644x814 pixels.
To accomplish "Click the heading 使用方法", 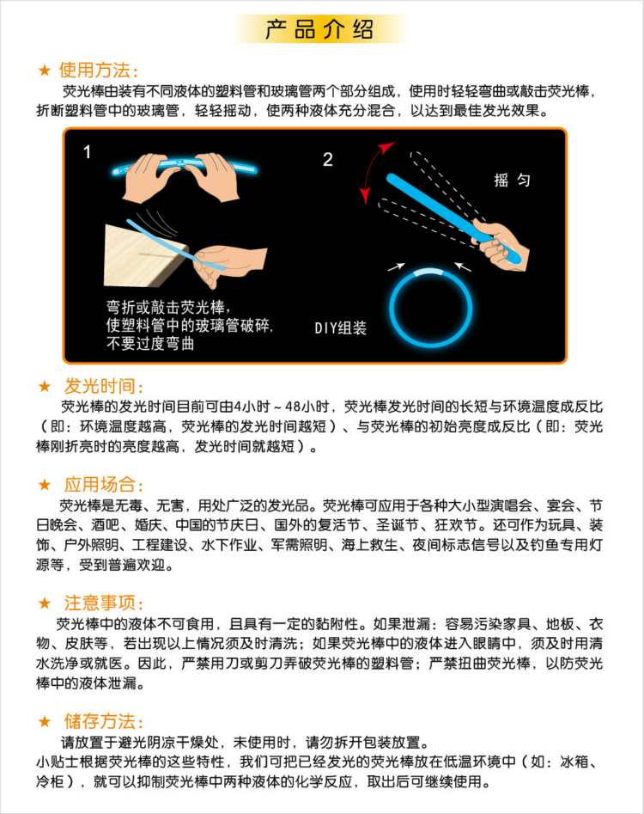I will (98, 70).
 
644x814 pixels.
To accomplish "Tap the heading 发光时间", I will (104, 386).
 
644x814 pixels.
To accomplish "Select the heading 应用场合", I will (104, 484).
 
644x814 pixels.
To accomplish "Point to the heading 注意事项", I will (104, 603).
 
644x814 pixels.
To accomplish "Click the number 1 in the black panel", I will (88, 153).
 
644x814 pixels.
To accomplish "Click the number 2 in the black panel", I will (327, 160).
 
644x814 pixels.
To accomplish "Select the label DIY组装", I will (340, 327).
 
